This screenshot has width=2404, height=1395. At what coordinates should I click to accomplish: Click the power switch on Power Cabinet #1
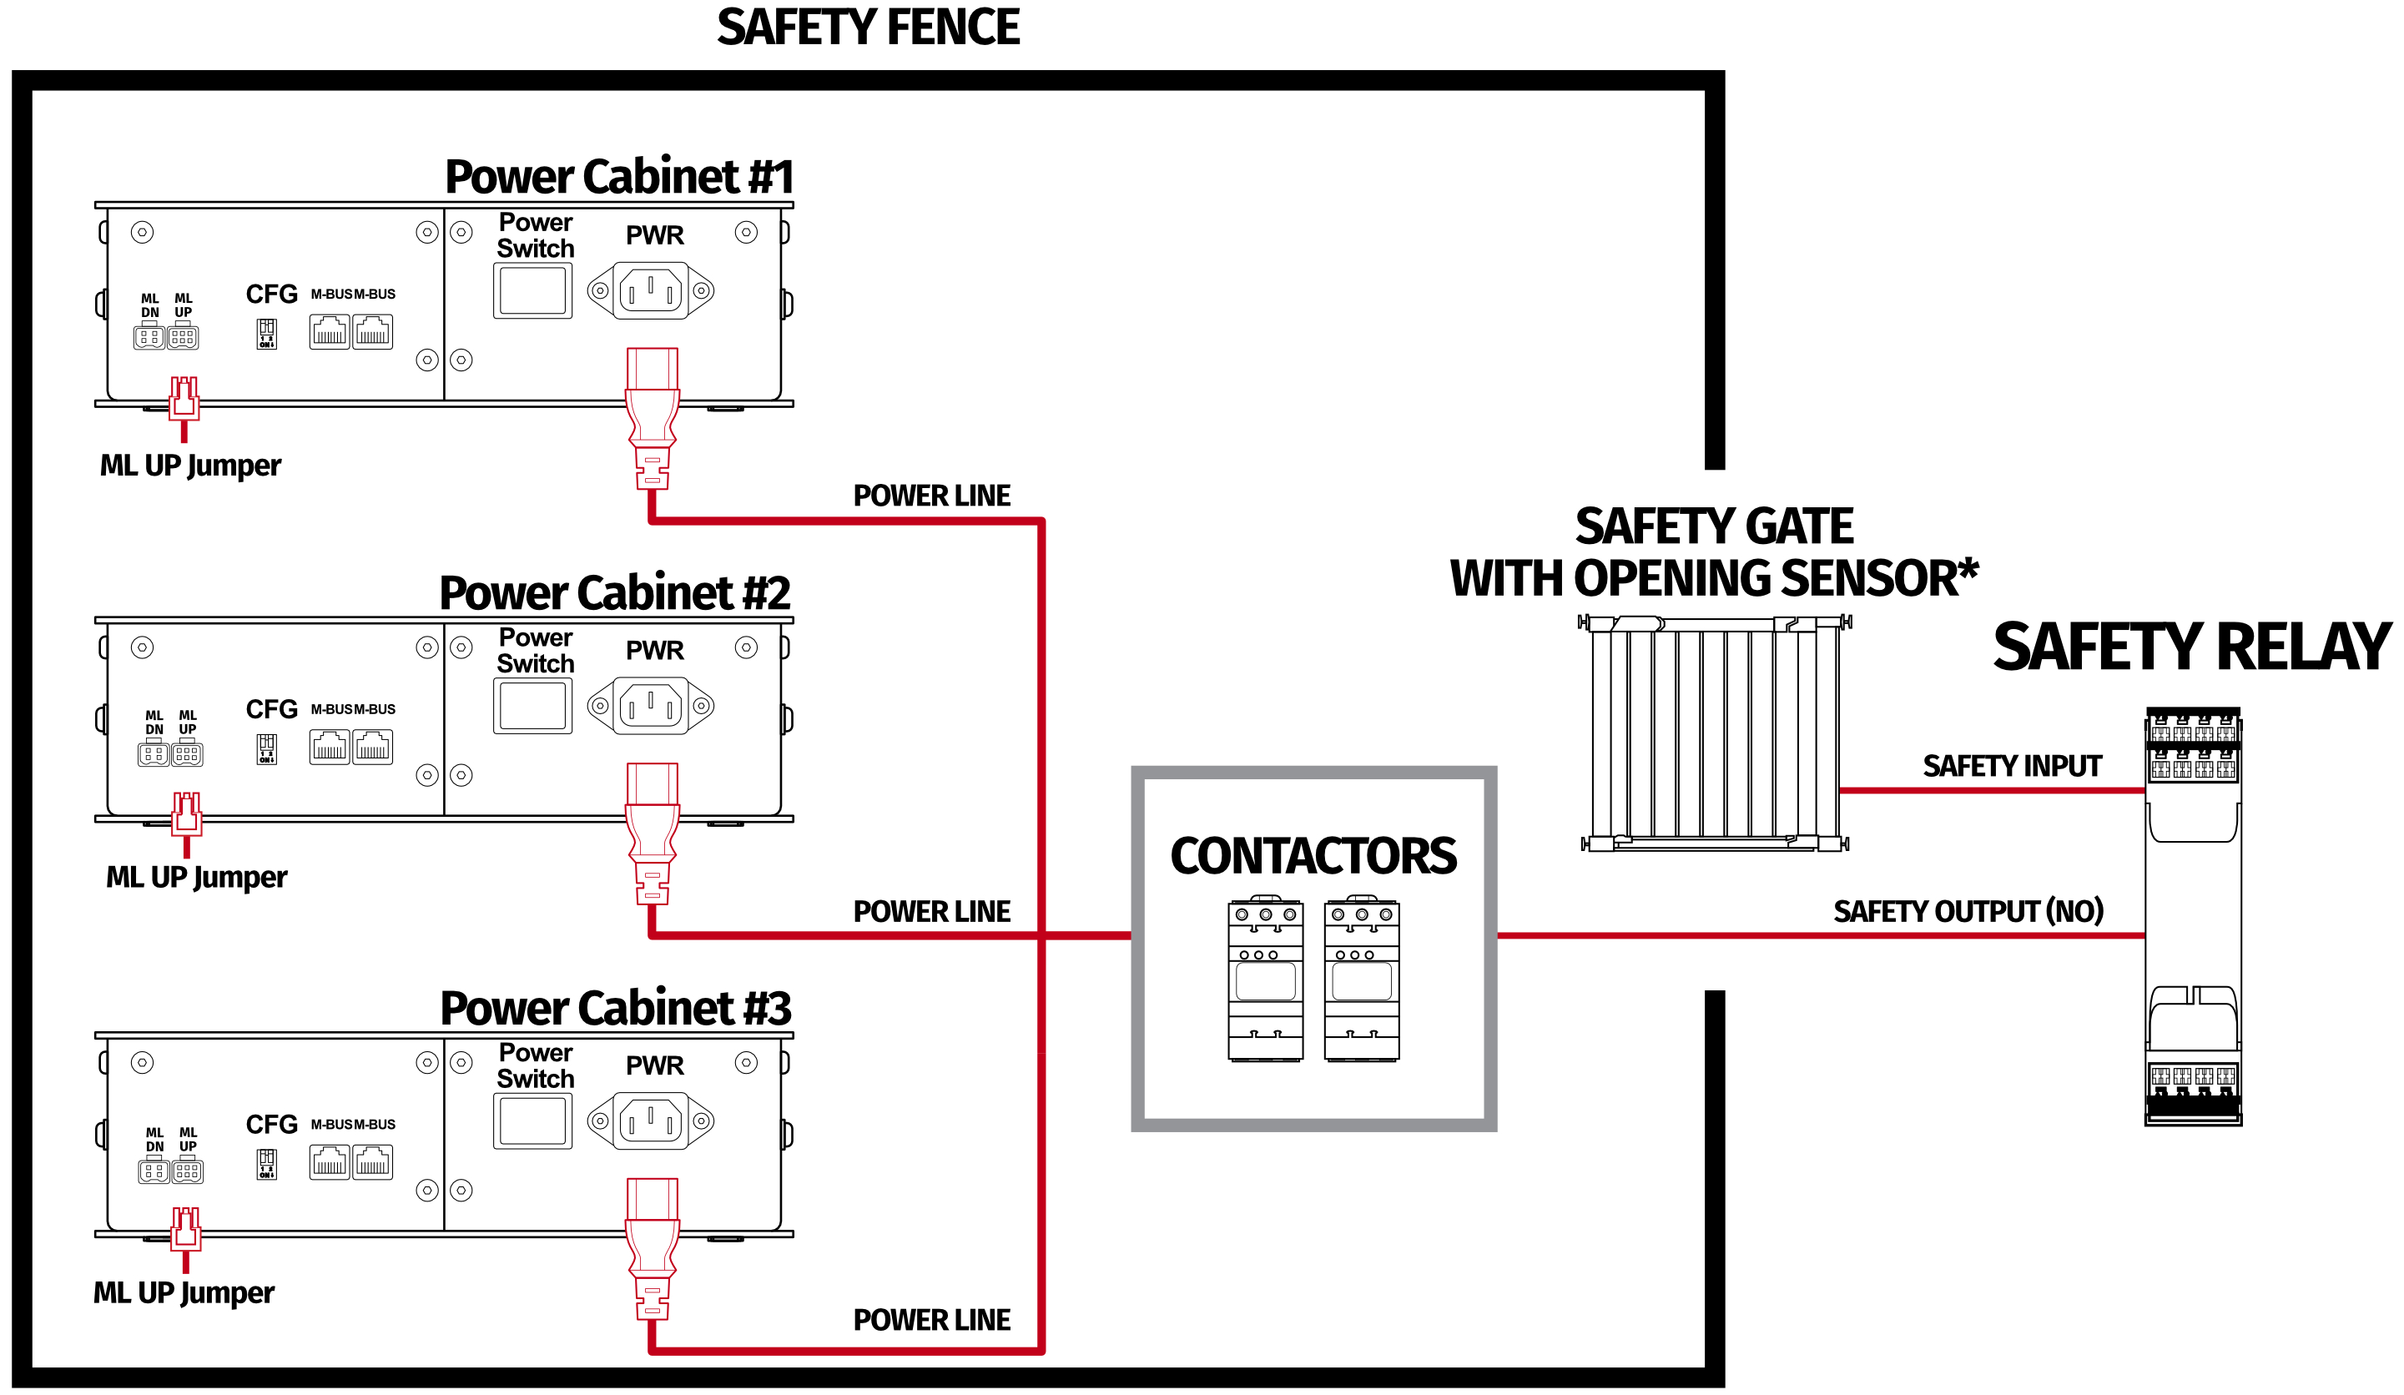pyautogui.click(x=532, y=291)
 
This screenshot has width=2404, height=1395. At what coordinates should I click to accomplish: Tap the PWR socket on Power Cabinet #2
pyautogui.click(x=651, y=706)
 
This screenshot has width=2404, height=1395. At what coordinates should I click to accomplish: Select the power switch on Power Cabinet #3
pyautogui.click(x=532, y=1121)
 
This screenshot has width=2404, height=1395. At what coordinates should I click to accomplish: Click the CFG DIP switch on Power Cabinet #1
pyautogui.click(x=266, y=333)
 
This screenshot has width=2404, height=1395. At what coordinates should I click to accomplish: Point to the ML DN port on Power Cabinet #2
pyautogui.click(x=154, y=753)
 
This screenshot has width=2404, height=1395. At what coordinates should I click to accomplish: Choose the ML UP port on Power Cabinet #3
pyautogui.click(x=188, y=1170)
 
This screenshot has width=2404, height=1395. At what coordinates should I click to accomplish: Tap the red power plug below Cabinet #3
pyautogui.click(x=653, y=1250)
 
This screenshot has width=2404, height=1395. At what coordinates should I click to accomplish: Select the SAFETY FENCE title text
pyautogui.click(x=868, y=27)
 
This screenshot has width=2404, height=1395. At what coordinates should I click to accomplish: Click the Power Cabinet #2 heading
pyautogui.click(x=615, y=592)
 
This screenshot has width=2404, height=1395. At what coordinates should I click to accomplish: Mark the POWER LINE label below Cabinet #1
pyautogui.click(x=931, y=496)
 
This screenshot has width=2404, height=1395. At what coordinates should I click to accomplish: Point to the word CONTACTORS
pyautogui.click(x=1313, y=856)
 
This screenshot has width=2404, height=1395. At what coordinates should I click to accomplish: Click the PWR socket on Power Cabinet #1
pyautogui.click(x=651, y=290)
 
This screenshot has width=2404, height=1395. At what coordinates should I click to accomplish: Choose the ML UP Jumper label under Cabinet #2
pyautogui.click(x=197, y=877)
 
